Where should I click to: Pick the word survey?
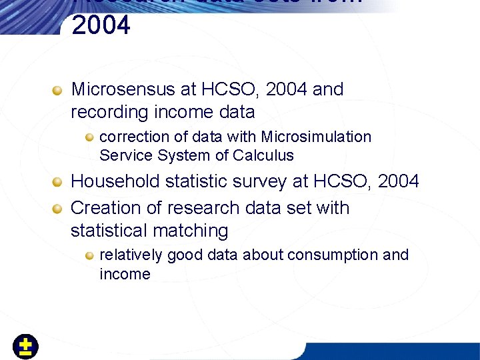point(261,181)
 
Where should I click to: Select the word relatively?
point(131,255)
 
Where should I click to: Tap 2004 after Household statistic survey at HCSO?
point(398,181)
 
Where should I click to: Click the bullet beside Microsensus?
point(59,90)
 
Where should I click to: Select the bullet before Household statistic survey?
point(59,182)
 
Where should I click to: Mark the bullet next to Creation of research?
point(59,209)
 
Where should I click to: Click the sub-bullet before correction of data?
point(89,137)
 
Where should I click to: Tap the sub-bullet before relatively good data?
point(89,255)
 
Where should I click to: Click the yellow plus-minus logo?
point(26,347)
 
